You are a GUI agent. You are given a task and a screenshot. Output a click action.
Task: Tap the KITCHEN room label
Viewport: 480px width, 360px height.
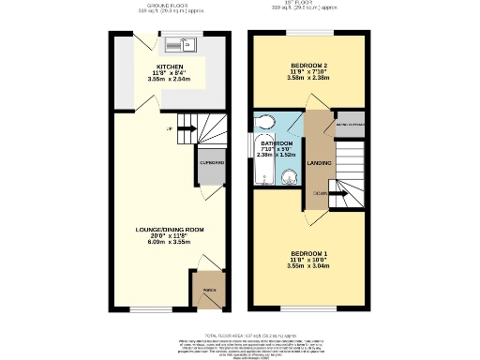[170, 67]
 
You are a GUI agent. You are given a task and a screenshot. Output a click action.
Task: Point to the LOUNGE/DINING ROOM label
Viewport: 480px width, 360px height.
[170, 229]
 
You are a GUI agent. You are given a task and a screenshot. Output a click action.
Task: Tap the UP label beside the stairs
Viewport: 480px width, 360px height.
[169, 128]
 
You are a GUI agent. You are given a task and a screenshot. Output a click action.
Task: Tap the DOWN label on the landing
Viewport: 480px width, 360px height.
[320, 193]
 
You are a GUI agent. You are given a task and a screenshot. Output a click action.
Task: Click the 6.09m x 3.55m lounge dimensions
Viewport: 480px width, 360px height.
[170, 242]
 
